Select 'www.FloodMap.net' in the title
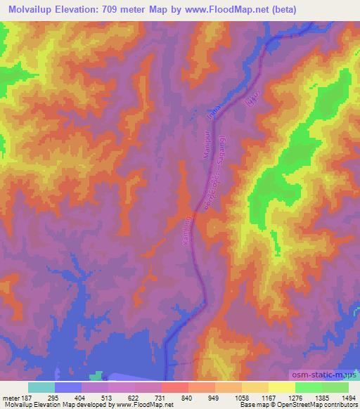tap(224, 9)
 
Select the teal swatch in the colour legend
tap(41, 387)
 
